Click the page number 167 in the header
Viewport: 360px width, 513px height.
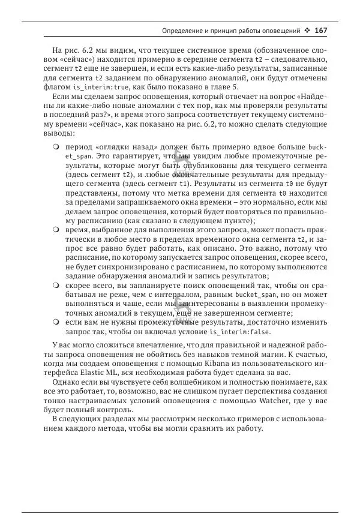click(x=320, y=30)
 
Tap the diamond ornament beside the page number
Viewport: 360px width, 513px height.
click(x=307, y=30)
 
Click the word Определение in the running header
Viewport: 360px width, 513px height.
click(x=183, y=30)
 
